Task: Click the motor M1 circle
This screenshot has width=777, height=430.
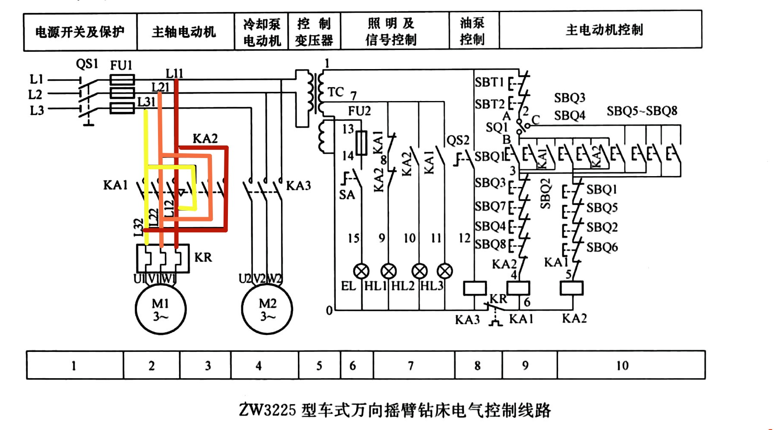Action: [161, 309]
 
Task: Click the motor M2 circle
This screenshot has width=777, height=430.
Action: [267, 309]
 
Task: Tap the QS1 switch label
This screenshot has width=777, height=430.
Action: [87, 64]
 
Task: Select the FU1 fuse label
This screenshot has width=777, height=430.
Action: [121, 66]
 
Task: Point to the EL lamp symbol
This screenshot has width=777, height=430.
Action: [361, 271]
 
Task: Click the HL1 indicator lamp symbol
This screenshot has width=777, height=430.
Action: [388, 271]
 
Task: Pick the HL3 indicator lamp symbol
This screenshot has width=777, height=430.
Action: [445, 271]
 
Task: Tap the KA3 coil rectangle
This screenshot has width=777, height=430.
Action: [475, 288]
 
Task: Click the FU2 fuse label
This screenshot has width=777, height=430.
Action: [359, 111]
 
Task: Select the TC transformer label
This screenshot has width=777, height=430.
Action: [335, 92]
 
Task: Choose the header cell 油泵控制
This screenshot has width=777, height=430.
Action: [472, 31]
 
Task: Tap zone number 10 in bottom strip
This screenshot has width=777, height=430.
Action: [622, 366]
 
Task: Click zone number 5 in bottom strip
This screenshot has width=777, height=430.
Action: [319, 366]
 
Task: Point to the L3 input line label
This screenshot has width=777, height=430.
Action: [37, 111]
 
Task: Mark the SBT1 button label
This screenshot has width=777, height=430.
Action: [489, 82]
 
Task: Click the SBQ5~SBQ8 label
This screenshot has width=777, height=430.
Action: [641, 111]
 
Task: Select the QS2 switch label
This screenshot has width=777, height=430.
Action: [458, 140]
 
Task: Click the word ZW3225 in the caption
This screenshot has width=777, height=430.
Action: [268, 409]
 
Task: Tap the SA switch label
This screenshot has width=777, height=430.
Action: [347, 195]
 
